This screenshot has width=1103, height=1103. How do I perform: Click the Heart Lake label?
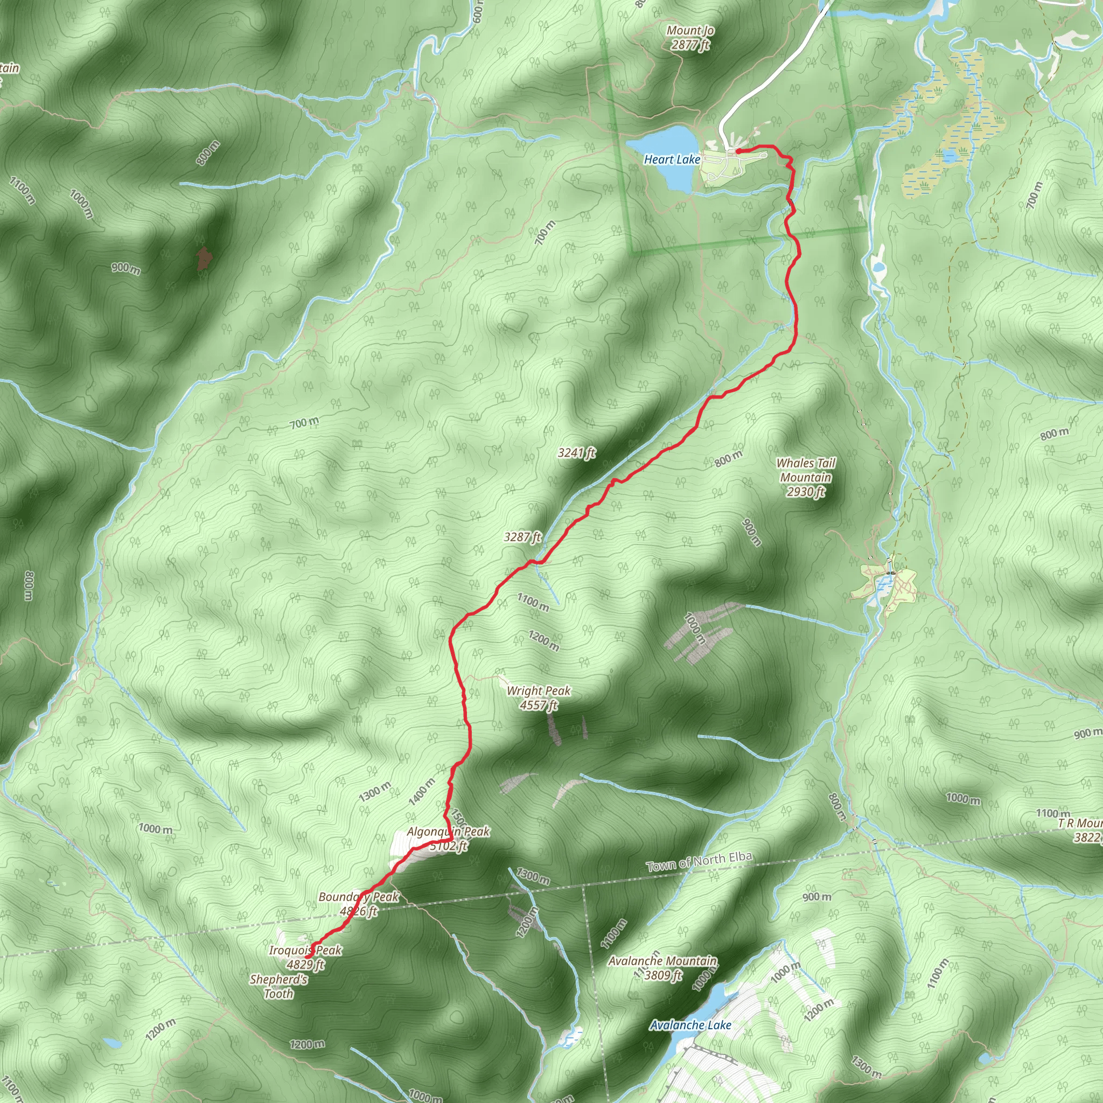point(672,160)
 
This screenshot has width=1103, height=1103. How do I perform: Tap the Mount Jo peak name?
point(690,30)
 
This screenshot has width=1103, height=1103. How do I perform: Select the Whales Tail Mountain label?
point(806,470)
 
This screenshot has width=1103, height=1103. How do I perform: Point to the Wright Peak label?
point(539,691)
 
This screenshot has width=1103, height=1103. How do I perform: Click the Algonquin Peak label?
point(448,832)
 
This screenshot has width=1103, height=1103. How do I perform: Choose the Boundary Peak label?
point(359,897)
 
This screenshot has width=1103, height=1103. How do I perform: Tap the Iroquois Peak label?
point(305,951)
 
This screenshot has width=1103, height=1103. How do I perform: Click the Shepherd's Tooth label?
point(278,987)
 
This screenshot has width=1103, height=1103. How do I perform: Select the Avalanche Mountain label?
point(662,961)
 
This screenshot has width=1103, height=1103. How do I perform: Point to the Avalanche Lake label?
point(690,1025)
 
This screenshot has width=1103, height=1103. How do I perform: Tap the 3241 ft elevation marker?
point(577,453)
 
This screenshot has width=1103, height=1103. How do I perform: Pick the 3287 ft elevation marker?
point(522,537)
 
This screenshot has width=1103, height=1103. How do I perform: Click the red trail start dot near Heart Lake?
point(738,151)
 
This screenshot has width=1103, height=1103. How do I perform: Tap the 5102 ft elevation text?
point(449,846)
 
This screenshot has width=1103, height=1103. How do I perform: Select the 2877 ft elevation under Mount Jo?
point(690,45)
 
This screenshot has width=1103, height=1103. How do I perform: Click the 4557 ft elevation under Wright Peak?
point(539,705)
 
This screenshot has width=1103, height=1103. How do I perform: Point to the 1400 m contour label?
point(421,792)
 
